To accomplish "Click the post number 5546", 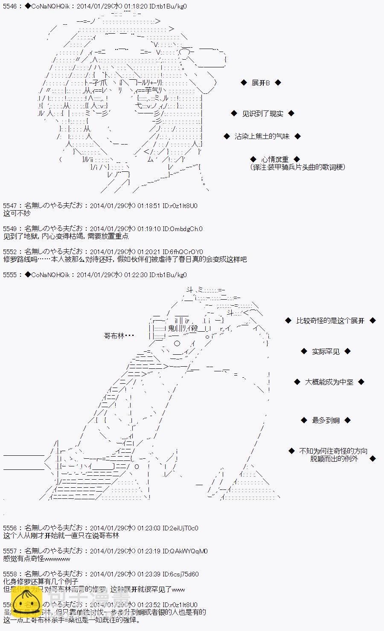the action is (x=10, y=6).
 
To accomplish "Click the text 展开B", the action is (x=261, y=83).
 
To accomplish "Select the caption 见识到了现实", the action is (x=262, y=113).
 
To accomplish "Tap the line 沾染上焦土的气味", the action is (x=262, y=136).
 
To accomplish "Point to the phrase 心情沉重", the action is (x=275, y=159).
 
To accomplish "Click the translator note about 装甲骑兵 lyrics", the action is (x=298, y=167).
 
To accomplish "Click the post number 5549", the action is (x=10, y=229).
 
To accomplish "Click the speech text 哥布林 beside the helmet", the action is (x=119, y=336).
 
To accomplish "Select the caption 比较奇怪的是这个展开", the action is (x=330, y=321).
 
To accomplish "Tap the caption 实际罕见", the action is (x=326, y=351).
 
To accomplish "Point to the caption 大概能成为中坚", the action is (x=329, y=382).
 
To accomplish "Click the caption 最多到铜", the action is (x=326, y=420).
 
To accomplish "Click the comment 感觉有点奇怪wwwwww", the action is (x=36, y=559).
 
